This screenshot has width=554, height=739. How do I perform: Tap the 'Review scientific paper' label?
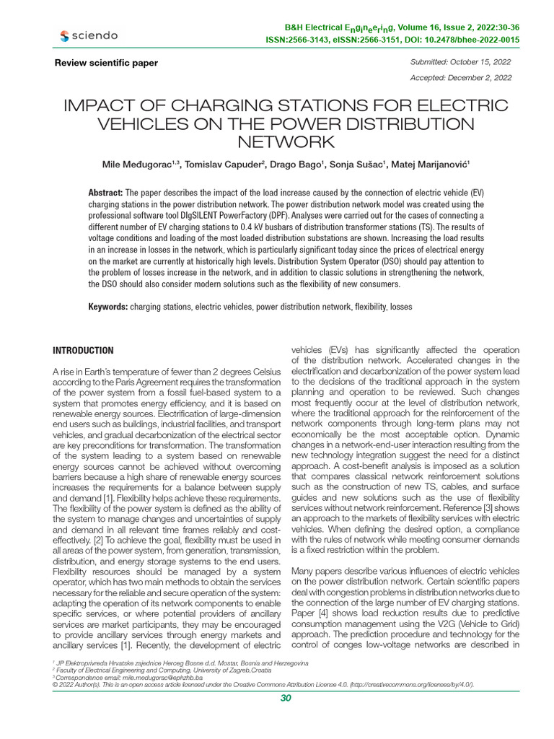106,63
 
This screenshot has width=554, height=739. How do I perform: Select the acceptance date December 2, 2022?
483,77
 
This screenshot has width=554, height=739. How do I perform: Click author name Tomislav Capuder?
226,165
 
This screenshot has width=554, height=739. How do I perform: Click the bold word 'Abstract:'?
106,193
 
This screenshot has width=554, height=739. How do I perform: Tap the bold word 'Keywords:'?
108,307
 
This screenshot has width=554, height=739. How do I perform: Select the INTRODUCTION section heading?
83,351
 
